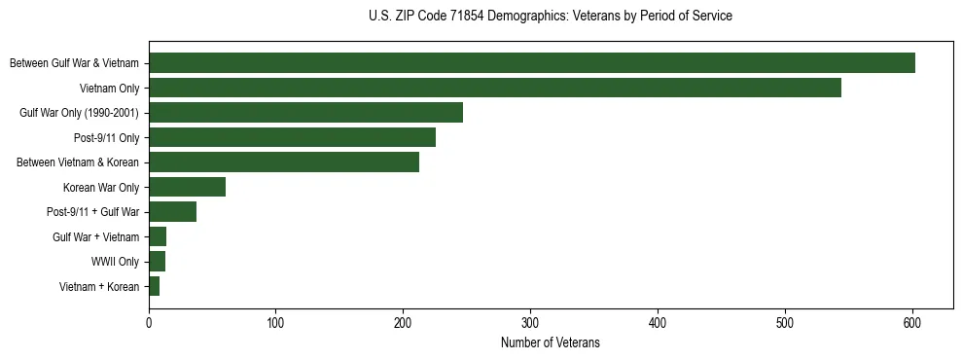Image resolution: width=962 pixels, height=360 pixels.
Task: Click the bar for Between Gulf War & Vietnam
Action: point(532,63)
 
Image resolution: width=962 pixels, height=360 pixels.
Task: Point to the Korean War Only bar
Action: point(187,187)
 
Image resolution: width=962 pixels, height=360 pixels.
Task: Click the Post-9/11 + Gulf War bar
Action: point(172,212)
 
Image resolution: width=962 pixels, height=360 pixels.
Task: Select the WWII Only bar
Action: point(157,262)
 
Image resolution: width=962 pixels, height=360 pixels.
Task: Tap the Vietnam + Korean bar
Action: point(154,286)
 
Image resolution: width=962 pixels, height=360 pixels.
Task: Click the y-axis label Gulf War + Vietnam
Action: point(95,237)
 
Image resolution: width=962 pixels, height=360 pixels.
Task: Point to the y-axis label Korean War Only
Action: point(101,187)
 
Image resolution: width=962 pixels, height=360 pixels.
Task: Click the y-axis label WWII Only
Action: point(115,262)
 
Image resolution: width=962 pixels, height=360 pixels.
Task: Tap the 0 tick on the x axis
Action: point(149,324)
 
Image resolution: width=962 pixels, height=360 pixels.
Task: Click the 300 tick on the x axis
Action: point(530,324)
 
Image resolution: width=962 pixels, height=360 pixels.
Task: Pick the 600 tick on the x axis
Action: point(912,324)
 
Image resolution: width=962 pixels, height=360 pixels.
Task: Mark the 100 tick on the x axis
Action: point(276,324)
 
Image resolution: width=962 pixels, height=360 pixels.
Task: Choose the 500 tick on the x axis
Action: point(785,324)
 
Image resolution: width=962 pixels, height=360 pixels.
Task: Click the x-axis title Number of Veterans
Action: point(550,343)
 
